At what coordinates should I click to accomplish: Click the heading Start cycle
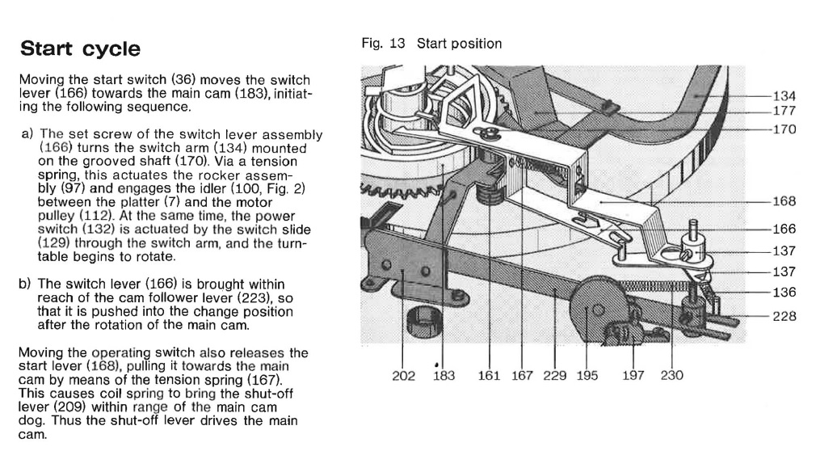(x=80, y=48)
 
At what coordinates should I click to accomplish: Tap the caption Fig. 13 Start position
(x=432, y=44)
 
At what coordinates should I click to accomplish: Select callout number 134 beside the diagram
(x=784, y=95)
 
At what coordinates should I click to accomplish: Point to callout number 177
(x=784, y=111)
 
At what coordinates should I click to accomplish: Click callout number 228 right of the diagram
(x=784, y=316)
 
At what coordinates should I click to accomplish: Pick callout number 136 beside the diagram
(x=784, y=292)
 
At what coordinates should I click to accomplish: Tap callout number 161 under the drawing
(x=490, y=375)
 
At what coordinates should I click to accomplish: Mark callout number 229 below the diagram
(x=555, y=375)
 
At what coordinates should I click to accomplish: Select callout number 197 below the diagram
(x=634, y=375)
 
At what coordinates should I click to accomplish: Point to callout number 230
(x=671, y=375)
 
